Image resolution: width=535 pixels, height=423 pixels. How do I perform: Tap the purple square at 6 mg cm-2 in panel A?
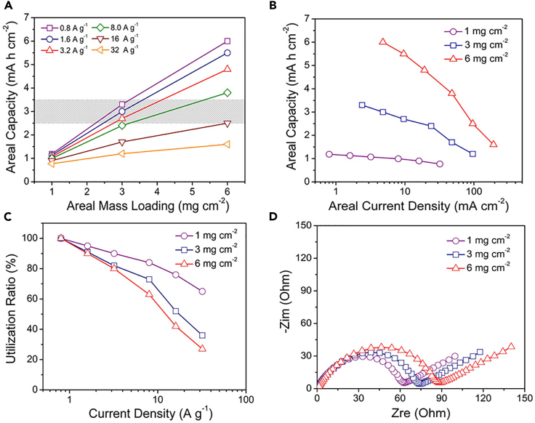(x=228, y=41)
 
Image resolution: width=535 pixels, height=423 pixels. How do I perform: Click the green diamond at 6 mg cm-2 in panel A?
(x=228, y=92)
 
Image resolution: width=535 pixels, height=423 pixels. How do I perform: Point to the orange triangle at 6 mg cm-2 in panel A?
(x=228, y=144)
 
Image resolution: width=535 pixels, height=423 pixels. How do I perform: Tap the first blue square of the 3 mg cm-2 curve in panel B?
(x=362, y=105)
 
